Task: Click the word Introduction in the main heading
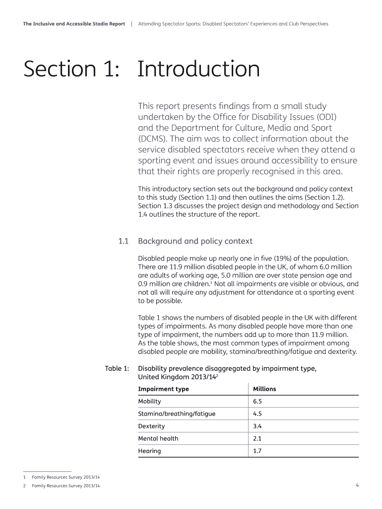click(198, 70)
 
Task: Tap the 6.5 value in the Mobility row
click(257, 401)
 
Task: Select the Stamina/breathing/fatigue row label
click(177, 414)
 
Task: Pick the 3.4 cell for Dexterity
click(257, 426)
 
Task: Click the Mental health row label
click(158, 438)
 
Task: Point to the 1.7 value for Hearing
click(257, 451)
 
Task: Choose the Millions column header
click(264, 389)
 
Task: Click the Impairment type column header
click(163, 389)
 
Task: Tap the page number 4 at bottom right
click(357, 485)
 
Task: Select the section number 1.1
click(124, 241)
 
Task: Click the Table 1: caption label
click(117, 368)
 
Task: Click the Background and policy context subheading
click(195, 241)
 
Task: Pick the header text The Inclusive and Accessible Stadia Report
click(74, 24)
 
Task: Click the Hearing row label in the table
click(149, 451)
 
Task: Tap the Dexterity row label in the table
click(151, 426)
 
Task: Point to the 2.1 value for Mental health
click(257, 438)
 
